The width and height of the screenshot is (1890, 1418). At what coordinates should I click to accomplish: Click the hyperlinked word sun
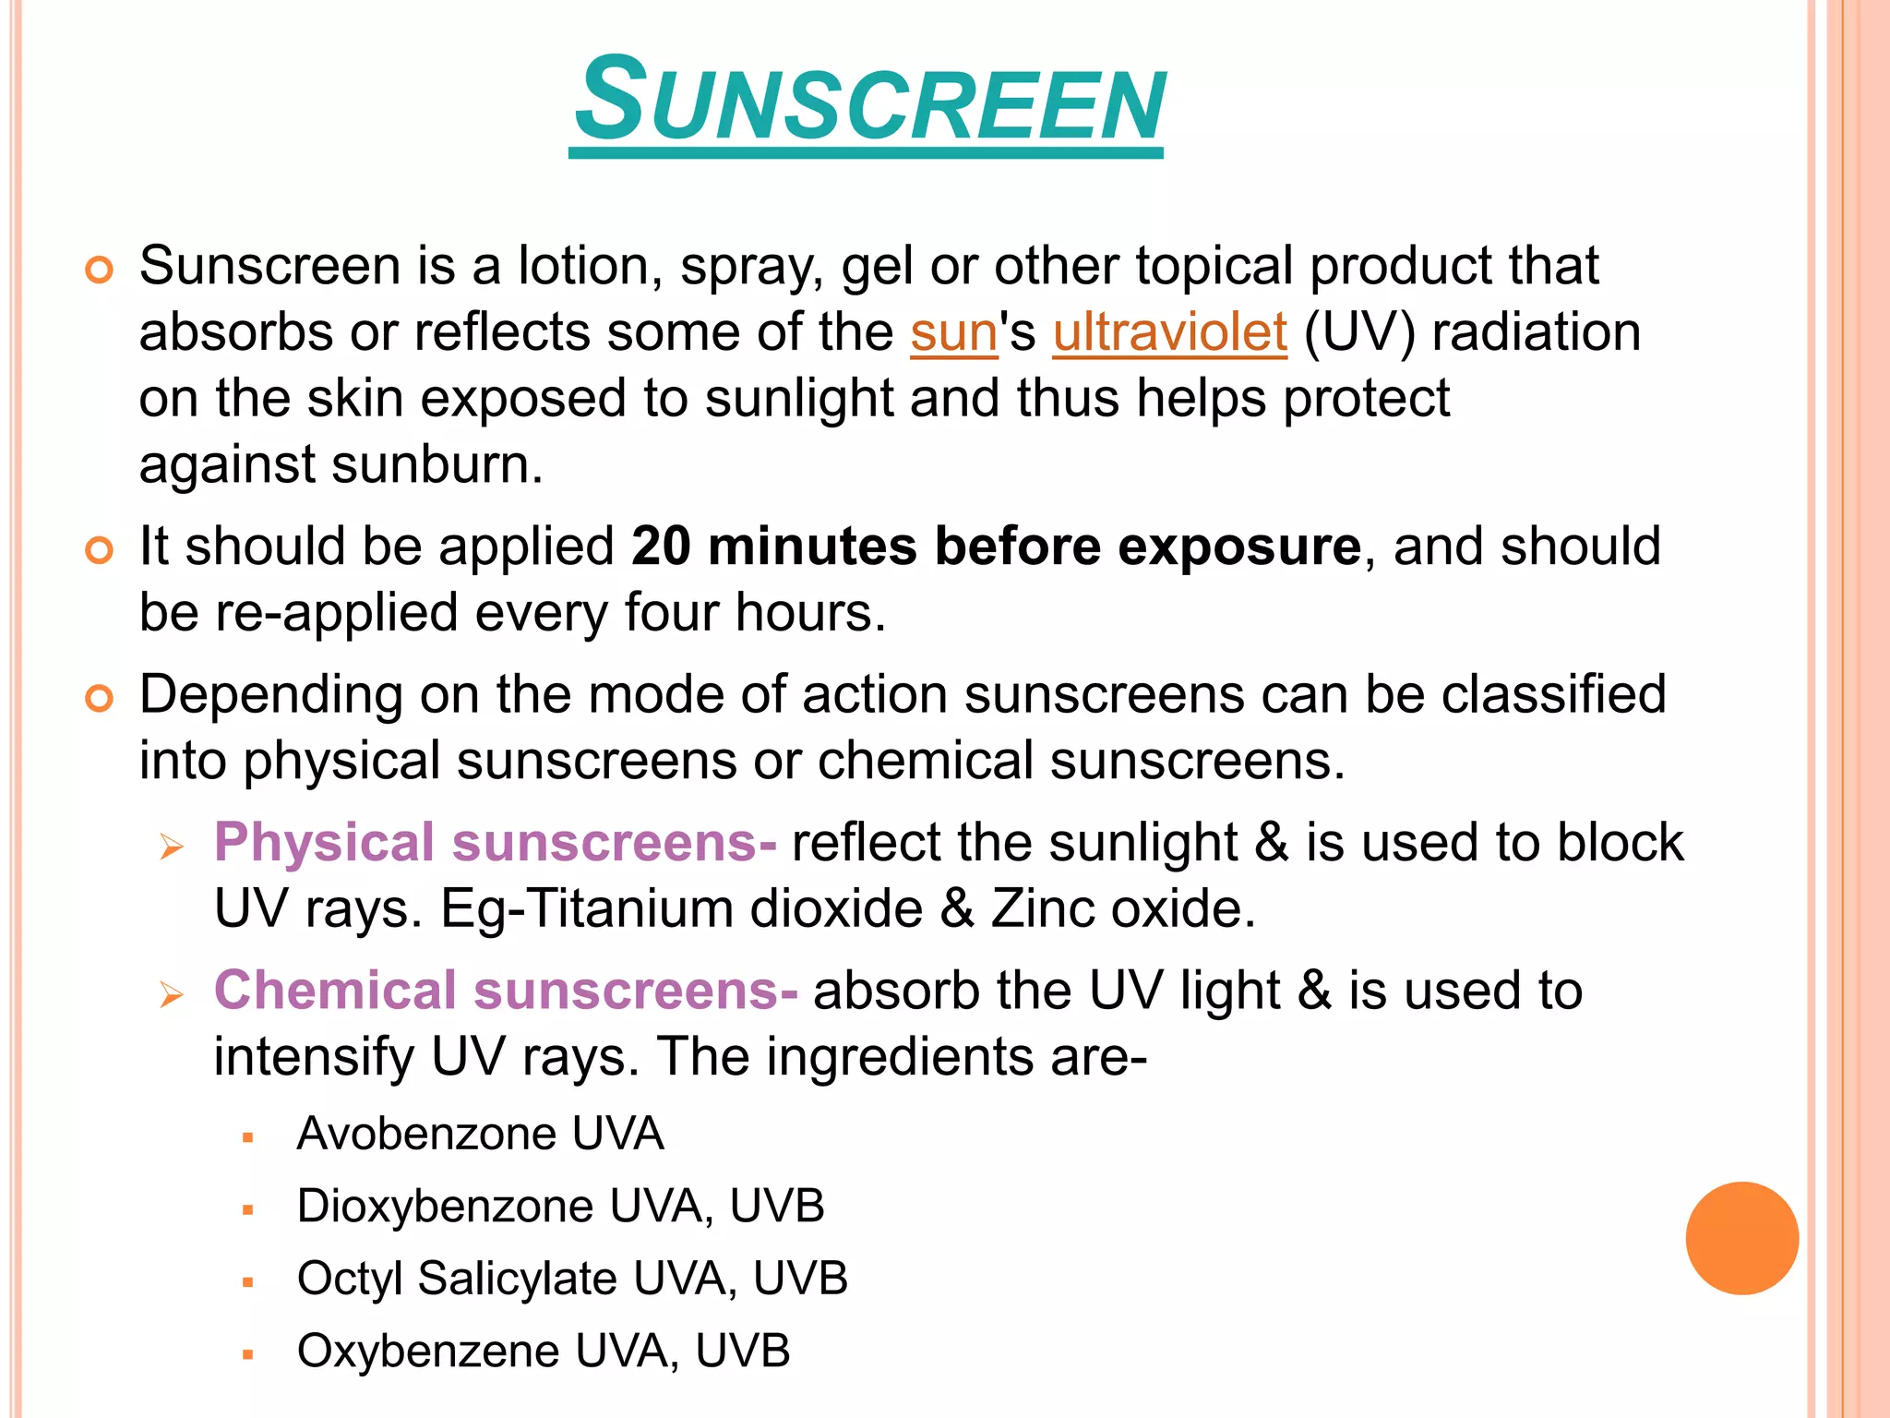click(x=953, y=332)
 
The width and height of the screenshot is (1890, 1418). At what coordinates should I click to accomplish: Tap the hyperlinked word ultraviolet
click(x=1169, y=332)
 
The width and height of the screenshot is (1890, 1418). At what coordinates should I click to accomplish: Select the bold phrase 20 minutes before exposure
click(x=996, y=547)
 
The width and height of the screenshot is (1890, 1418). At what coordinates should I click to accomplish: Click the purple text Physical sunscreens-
click(x=495, y=843)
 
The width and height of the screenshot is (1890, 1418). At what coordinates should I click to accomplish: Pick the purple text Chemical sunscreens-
click(x=506, y=991)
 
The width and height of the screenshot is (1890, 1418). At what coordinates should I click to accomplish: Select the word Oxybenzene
click(x=427, y=1352)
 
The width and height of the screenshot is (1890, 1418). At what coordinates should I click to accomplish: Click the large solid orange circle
click(x=1741, y=1238)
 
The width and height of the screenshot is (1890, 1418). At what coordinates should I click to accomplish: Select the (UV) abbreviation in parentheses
click(x=1358, y=332)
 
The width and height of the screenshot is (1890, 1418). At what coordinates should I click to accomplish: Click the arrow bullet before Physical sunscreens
click(x=172, y=847)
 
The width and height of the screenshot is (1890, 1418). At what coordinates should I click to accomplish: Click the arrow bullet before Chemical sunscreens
click(x=172, y=994)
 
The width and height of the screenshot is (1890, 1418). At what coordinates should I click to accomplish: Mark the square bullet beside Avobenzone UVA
click(x=247, y=1138)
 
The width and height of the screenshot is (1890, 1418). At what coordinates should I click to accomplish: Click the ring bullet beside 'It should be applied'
click(x=99, y=550)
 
